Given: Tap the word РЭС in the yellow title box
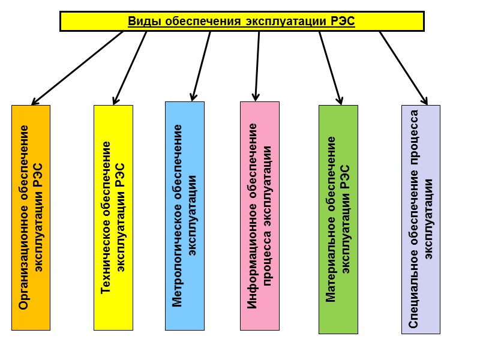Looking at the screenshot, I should (343, 22).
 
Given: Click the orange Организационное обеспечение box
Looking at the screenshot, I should (31, 217).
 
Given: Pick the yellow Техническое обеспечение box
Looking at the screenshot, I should (113, 217).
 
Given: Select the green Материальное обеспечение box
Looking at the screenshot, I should (338, 219).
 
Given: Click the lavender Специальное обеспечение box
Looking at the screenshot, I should (421, 219).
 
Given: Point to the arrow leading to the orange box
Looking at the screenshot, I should (78, 67).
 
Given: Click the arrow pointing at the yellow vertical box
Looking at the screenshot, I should (130, 67).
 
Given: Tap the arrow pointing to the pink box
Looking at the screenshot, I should (257, 66).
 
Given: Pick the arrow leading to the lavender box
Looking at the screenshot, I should (403, 67).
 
